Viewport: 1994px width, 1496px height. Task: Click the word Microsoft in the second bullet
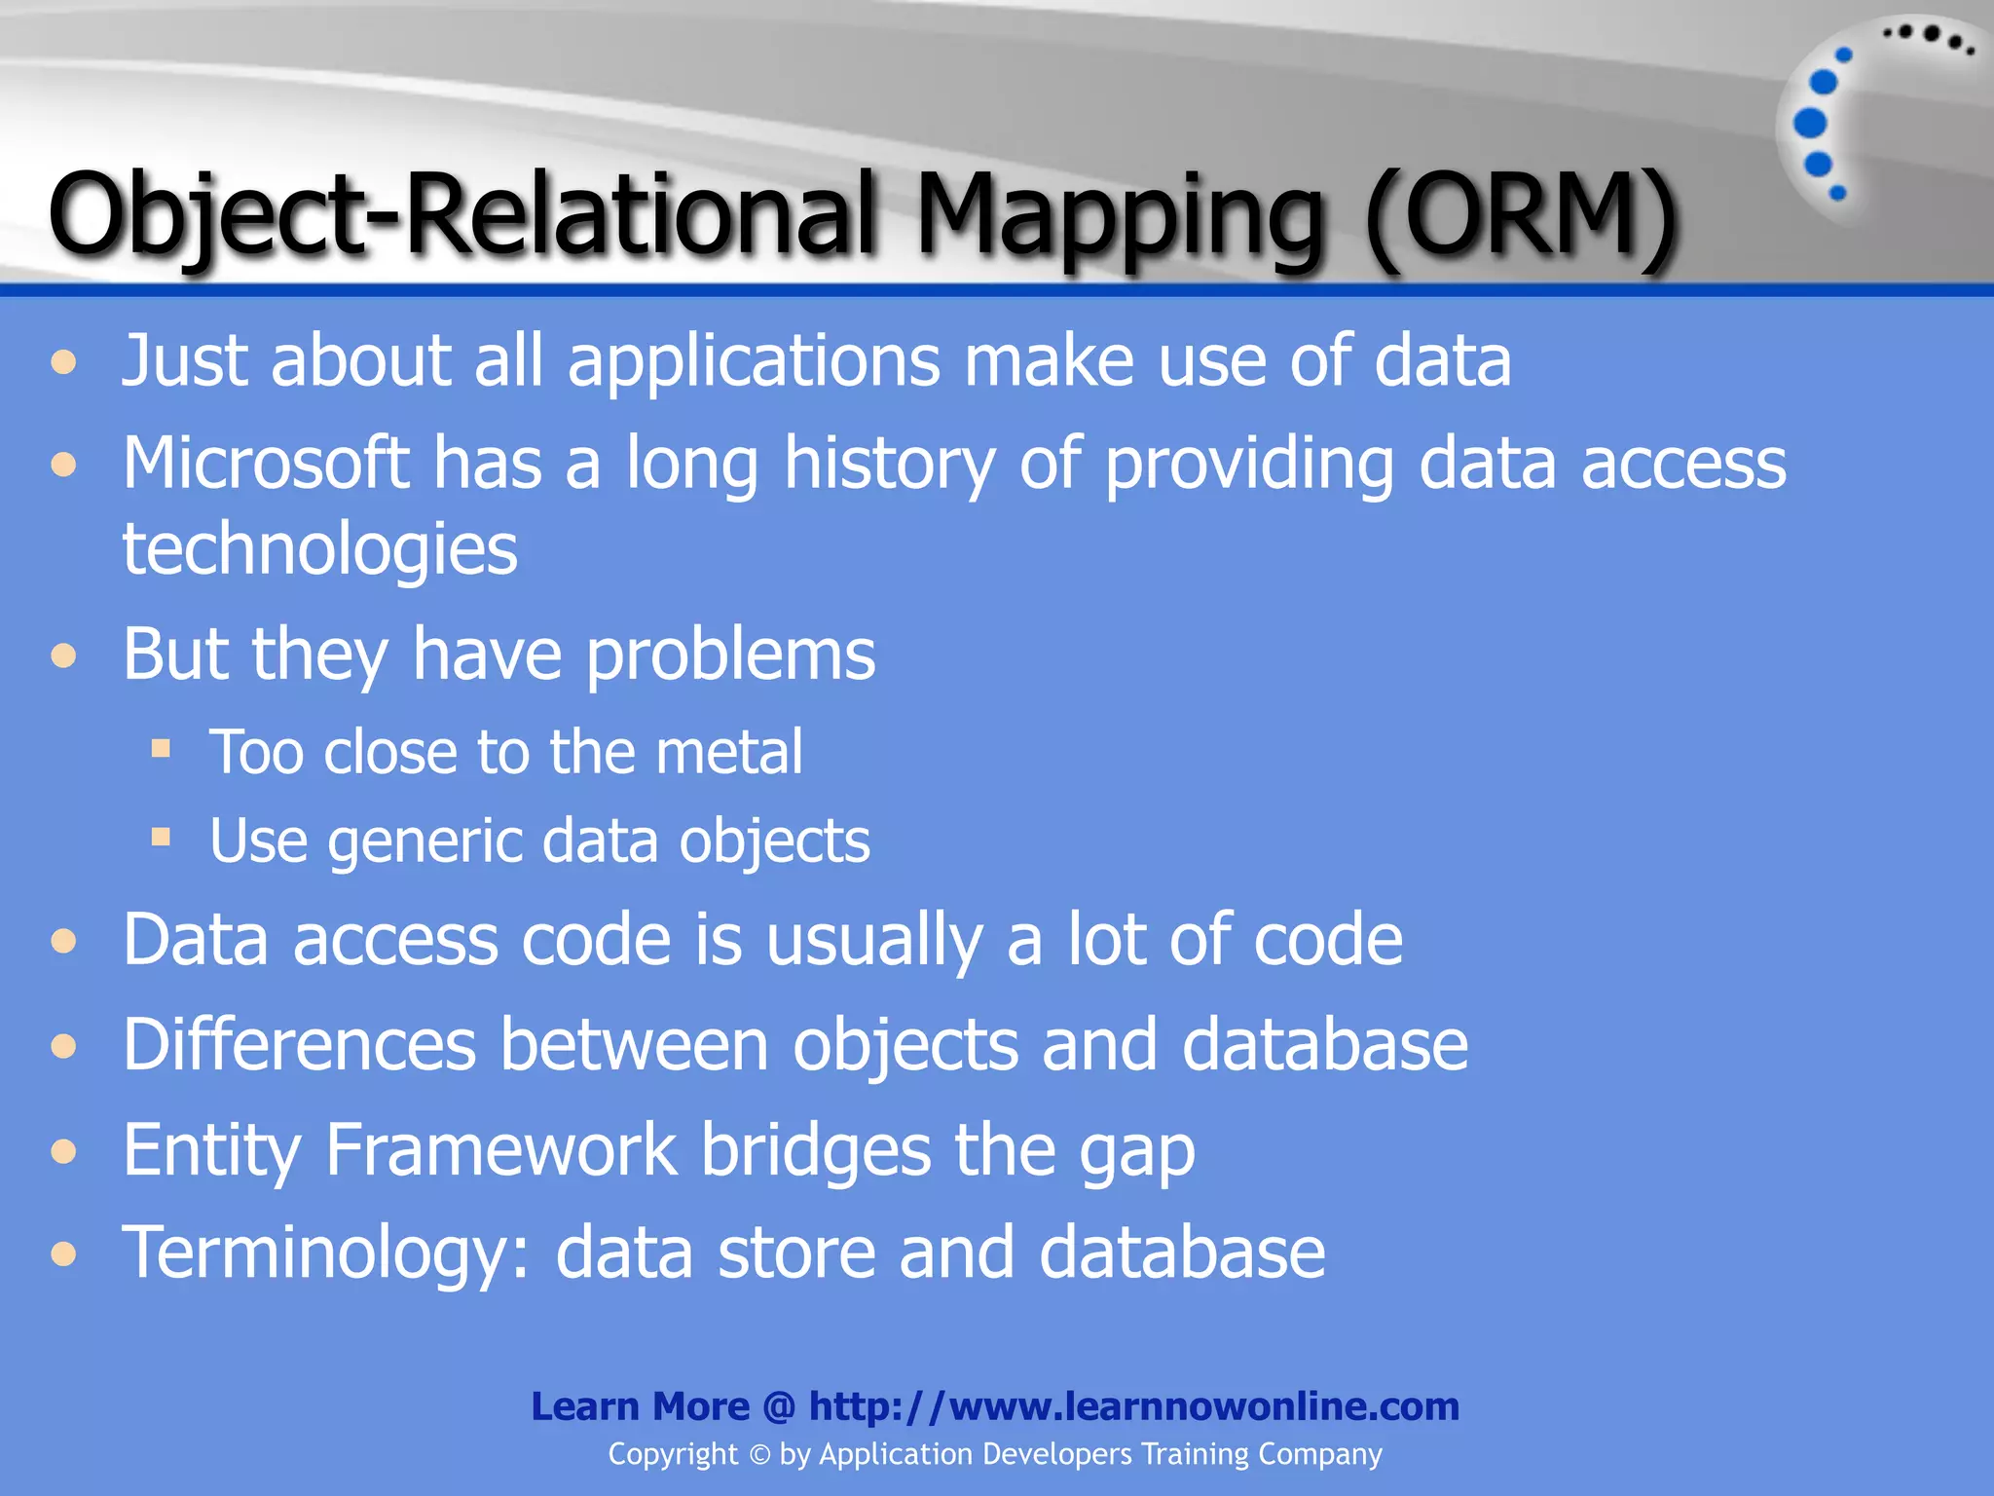(265, 463)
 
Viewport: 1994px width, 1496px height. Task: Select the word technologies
(319, 549)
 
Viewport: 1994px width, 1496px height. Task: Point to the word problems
(730, 654)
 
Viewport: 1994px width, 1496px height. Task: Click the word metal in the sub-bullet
(729, 752)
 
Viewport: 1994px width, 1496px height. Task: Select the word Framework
(500, 1150)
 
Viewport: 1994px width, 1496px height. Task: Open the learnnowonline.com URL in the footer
(1133, 1406)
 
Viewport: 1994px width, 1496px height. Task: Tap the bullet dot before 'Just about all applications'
(64, 363)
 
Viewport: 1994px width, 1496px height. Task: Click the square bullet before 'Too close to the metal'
(161, 749)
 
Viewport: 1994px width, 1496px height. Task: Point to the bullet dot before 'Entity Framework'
(64, 1152)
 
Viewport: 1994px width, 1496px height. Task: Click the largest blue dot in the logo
(1810, 124)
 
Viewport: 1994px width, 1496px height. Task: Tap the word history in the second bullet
(889, 463)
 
